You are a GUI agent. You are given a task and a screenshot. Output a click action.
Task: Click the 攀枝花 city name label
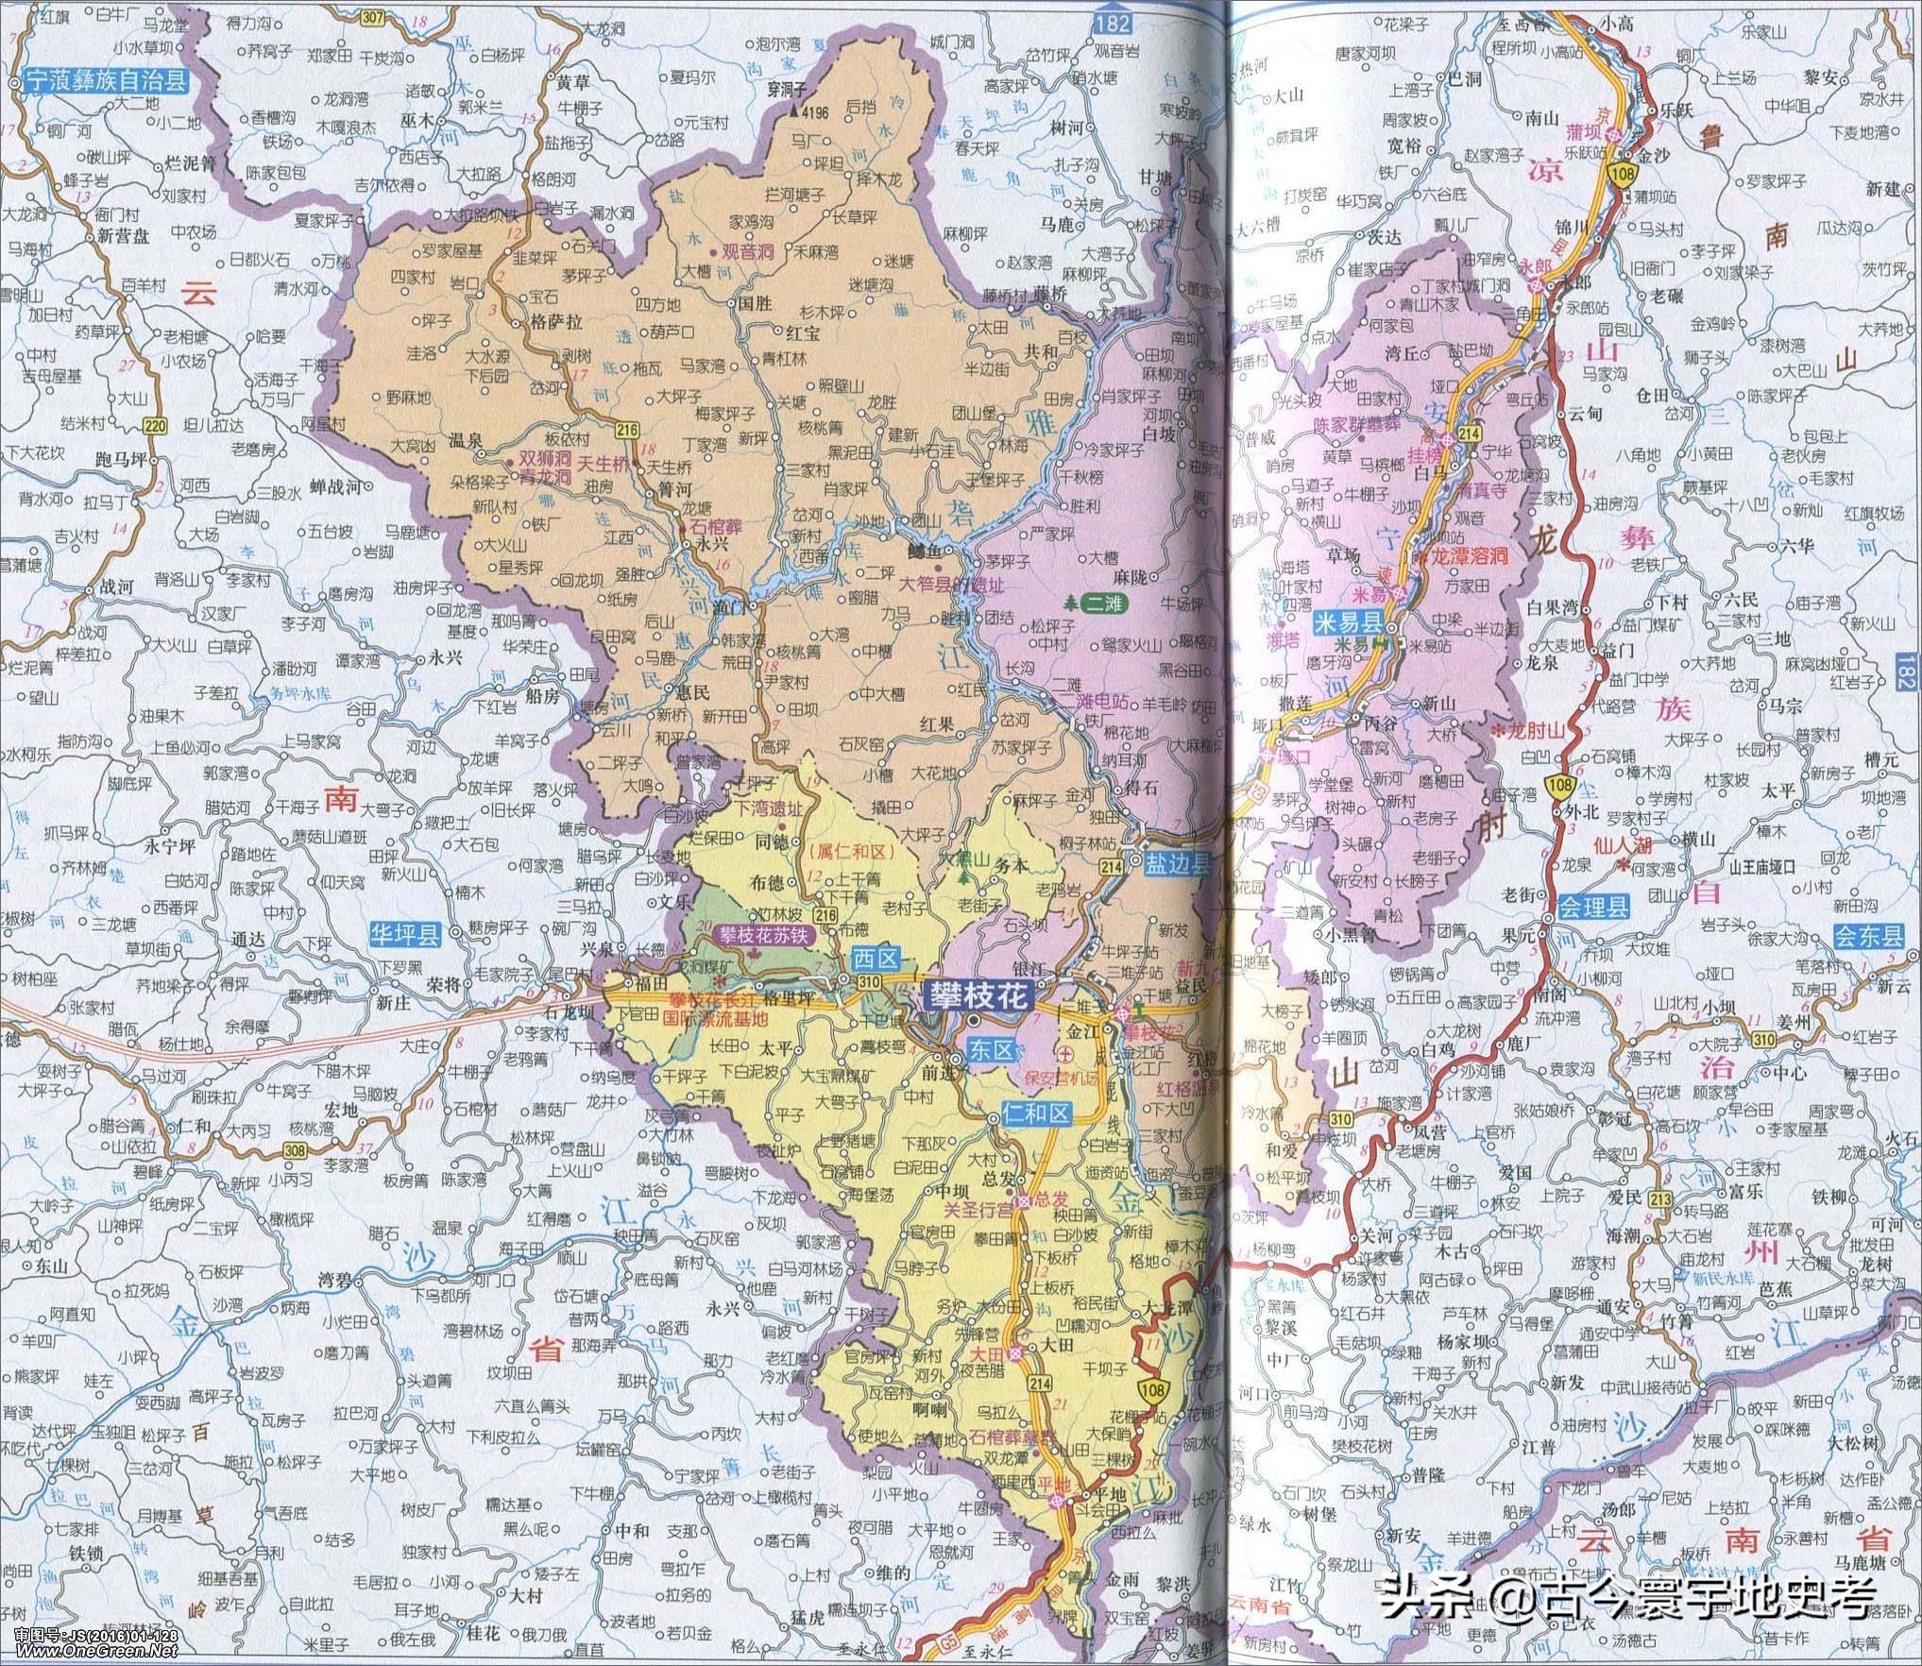(x=975, y=995)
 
